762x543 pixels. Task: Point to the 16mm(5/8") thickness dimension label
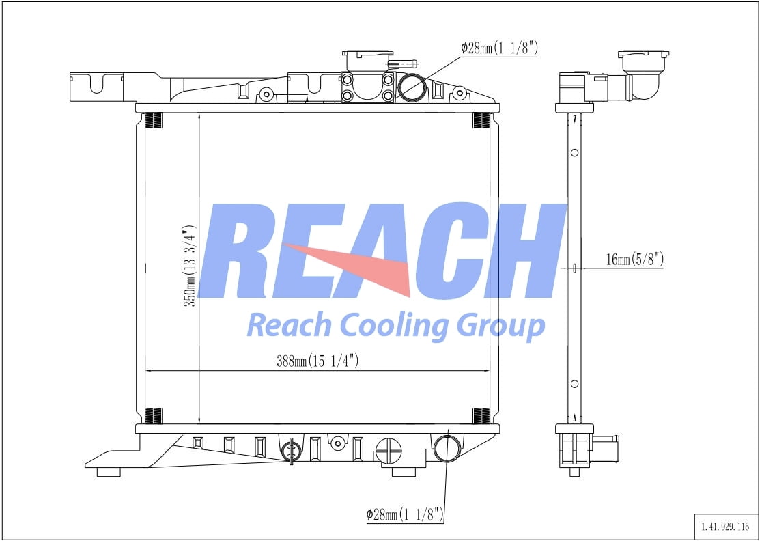point(634,260)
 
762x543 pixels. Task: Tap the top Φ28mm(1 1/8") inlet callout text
point(500,48)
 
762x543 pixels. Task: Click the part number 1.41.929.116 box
point(725,526)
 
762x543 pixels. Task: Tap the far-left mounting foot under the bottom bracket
point(109,471)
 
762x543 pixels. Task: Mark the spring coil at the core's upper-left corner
point(155,121)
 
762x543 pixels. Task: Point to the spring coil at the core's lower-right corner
point(481,415)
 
